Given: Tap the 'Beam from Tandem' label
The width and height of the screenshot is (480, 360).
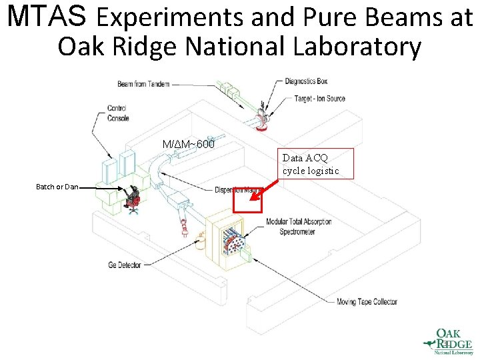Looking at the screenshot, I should click(x=143, y=85).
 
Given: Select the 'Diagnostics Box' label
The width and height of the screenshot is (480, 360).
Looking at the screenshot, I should click(x=306, y=81).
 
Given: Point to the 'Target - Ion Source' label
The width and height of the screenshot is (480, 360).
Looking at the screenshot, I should click(x=319, y=99).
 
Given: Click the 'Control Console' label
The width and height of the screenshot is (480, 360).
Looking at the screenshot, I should click(x=118, y=113).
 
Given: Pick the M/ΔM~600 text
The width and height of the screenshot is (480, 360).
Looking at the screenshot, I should click(x=189, y=144).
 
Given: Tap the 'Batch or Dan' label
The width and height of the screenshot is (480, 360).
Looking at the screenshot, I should click(x=57, y=187).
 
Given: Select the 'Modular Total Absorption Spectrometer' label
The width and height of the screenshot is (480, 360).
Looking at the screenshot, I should click(x=298, y=226).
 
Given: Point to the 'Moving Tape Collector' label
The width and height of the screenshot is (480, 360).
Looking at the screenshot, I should click(x=367, y=301).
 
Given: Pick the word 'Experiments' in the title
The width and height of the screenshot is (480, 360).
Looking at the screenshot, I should click(x=172, y=18).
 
